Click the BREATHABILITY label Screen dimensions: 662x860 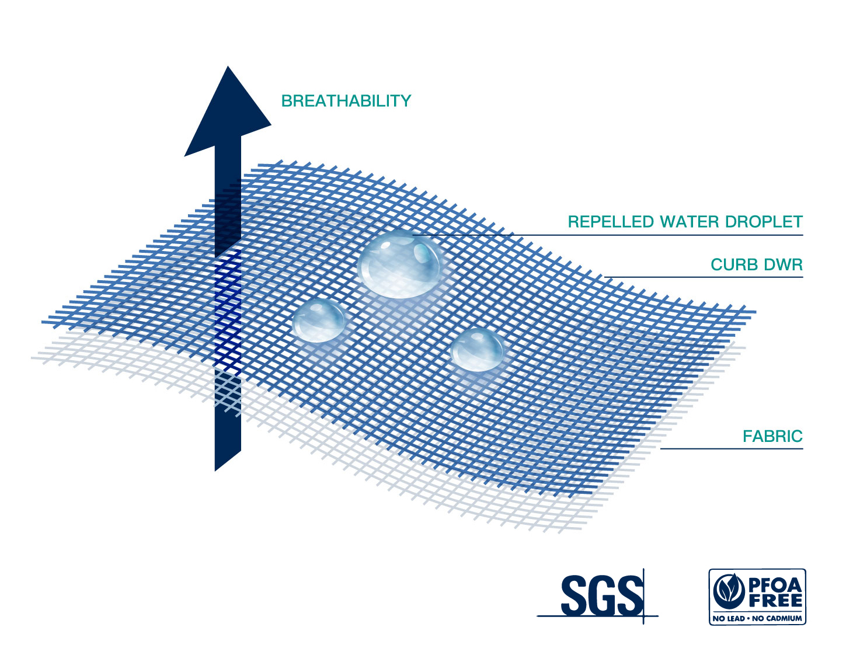pyautogui.click(x=346, y=101)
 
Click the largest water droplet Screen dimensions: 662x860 pyautogui.click(x=401, y=264)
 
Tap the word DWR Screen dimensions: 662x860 pyautogui.click(x=784, y=265)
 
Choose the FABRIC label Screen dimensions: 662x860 pyautogui.click(x=772, y=436)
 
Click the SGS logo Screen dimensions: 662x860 pyautogui.click(x=601, y=595)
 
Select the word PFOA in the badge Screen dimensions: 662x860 pyautogui.click(x=775, y=585)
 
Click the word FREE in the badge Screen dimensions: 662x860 pyautogui.click(x=776, y=601)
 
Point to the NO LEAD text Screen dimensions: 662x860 pyautogui.click(x=728, y=618)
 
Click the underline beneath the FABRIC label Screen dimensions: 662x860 pyautogui.click(x=732, y=449)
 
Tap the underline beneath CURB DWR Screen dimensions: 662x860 pyautogui.click(x=704, y=277)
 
